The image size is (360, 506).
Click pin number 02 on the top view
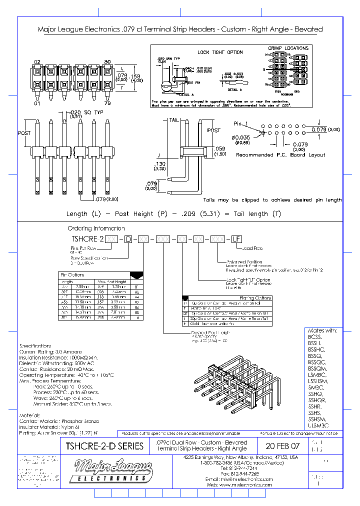(36, 61)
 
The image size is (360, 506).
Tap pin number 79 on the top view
(107, 103)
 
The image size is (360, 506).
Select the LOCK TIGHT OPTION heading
(220, 52)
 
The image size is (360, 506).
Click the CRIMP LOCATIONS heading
(288, 48)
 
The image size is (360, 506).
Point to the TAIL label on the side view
(173, 120)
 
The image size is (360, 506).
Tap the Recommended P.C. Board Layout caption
(280, 154)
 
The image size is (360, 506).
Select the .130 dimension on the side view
(159, 163)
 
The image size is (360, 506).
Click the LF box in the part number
(235, 239)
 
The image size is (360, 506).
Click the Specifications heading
(35, 345)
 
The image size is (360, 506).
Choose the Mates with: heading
(323, 331)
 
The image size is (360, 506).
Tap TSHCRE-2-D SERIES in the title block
(104, 445)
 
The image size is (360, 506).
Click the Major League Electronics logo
(113, 471)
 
